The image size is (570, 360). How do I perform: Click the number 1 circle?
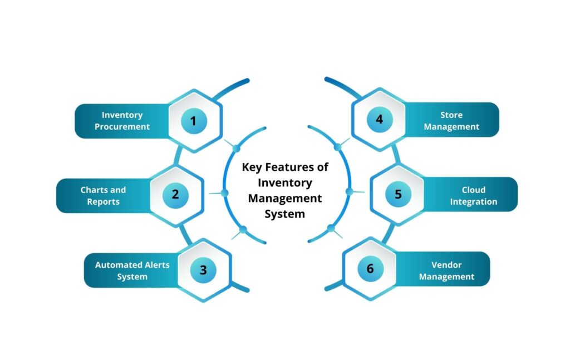(x=194, y=120)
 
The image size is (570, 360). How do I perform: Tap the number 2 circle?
(x=175, y=195)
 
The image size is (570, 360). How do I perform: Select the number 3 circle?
(x=203, y=270)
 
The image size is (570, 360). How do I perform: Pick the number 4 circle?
(x=379, y=119)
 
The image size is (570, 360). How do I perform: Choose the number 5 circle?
(x=398, y=194)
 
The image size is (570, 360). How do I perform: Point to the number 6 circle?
(x=370, y=269)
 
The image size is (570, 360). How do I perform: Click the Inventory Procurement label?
(x=122, y=121)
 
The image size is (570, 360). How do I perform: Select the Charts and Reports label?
(x=103, y=195)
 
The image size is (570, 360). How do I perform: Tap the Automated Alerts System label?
(x=132, y=270)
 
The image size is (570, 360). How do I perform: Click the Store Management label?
(x=451, y=121)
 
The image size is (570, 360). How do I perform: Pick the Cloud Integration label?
(x=473, y=196)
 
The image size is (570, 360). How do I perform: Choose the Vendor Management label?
(x=446, y=270)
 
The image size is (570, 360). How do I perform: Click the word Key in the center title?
(x=252, y=167)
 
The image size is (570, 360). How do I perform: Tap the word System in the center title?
(x=284, y=214)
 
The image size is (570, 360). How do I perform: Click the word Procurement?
(x=122, y=127)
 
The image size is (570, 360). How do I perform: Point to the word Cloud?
(x=473, y=190)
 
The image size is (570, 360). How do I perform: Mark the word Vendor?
(x=446, y=265)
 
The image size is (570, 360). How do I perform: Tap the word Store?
(x=451, y=115)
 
